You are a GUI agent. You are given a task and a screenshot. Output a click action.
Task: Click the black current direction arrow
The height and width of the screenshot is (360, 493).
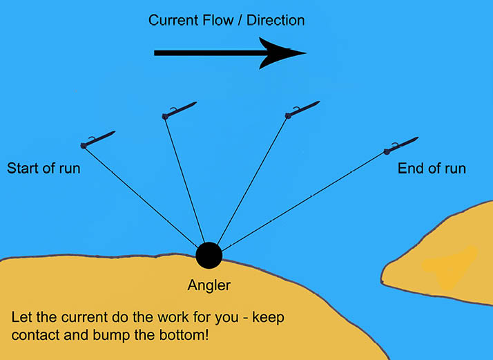click(x=221, y=53)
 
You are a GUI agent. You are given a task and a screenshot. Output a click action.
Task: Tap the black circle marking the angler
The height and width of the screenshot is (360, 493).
click(x=209, y=256)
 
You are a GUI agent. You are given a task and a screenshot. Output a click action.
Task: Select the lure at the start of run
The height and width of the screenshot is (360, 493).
click(x=97, y=139)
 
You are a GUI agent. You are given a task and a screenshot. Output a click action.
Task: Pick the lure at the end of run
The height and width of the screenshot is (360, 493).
click(x=401, y=145)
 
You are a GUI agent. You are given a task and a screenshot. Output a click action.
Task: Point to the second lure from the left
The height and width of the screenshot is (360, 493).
click(x=180, y=111)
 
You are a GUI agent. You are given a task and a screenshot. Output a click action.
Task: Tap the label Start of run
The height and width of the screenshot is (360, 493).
click(x=43, y=168)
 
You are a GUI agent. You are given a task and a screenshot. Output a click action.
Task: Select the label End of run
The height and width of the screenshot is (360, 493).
click(x=432, y=168)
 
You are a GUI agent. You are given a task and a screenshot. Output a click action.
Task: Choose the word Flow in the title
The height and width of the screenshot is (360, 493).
click(x=219, y=20)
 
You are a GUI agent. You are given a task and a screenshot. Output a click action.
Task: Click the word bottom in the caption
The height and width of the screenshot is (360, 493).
click(x=185, y=335)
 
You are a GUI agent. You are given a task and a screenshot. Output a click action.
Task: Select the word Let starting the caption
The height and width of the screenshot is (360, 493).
click(x=21, y=319)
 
